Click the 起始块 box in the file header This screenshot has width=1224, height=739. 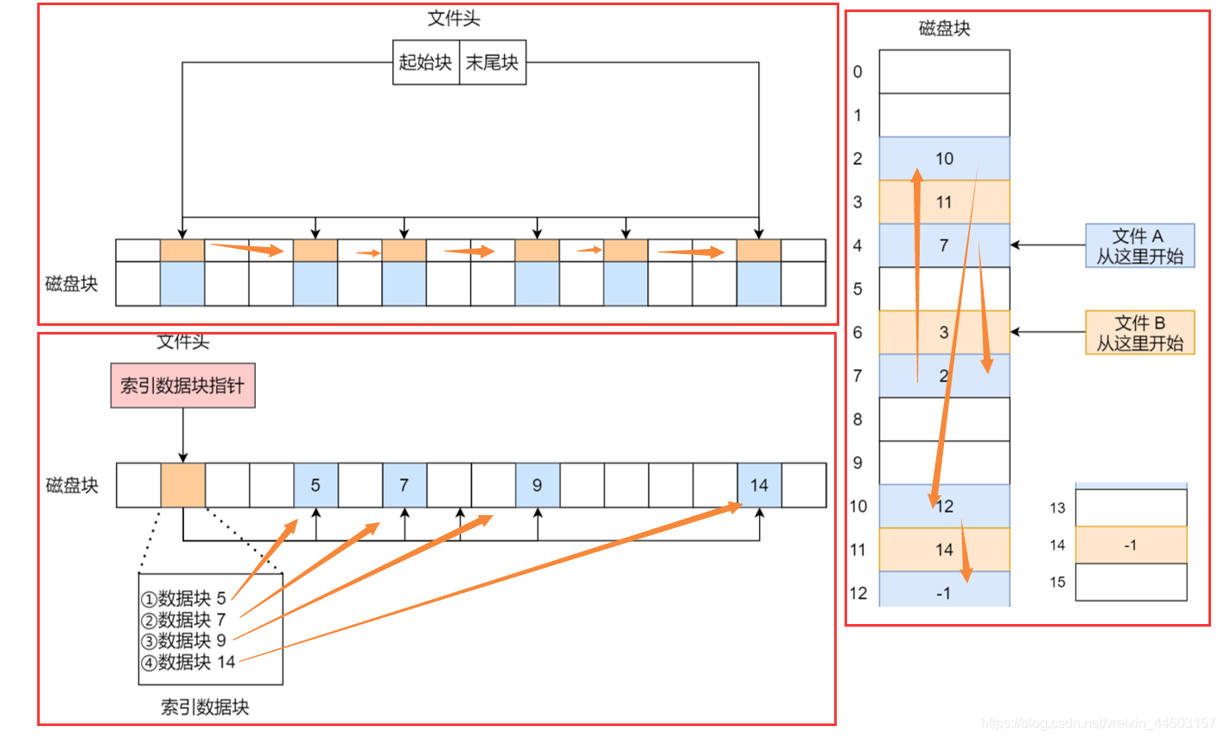(425, 62)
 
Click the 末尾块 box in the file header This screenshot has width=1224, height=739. (492, 62)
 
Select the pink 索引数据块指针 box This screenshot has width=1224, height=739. (182, 385)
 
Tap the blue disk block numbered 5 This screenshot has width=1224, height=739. (316, 485)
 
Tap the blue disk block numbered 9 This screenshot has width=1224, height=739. (537, 485)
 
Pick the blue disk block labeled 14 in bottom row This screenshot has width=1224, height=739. (759, 485)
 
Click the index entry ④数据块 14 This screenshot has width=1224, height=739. (188, 662)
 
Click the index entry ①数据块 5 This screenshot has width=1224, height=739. (183, 598)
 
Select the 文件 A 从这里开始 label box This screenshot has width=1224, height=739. (1139, 245)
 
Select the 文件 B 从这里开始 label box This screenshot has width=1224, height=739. (1139, 333)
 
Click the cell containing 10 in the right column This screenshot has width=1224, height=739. (944, 158)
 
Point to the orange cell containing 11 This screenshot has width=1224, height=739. (944, 202)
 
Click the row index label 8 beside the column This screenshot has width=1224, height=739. (857, 419)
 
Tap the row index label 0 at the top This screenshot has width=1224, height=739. (857, 72)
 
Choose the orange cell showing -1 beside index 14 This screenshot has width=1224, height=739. (1131, 545)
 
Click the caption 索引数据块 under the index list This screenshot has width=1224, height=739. (205, 707)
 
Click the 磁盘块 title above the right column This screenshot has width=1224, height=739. (944, 29)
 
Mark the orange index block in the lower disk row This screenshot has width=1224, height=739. (183, 485)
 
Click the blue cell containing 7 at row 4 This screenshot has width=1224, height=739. (944, 245)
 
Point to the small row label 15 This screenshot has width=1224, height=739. (1057, 582)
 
